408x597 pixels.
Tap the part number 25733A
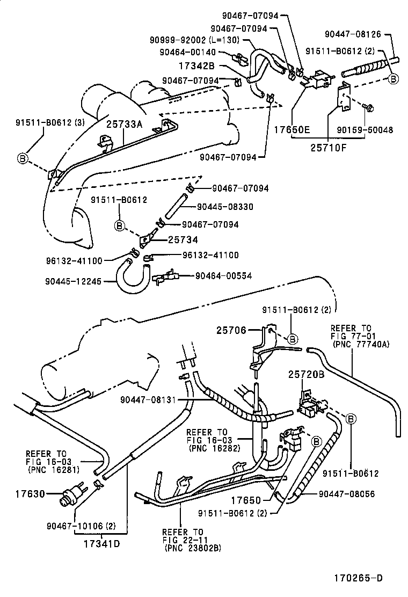point(124,124)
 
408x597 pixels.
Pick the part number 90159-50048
point(373,130)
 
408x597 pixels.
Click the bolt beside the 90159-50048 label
point(369,108)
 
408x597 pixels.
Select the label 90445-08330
point(225,207)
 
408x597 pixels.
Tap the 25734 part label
point(183,239)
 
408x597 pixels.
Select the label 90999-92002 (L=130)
point(196,40)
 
